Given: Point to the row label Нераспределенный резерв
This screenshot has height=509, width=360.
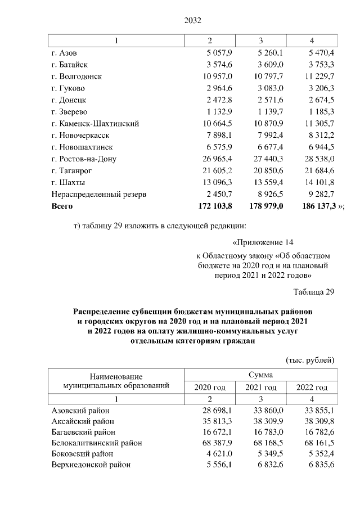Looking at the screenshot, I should tap(98, 194).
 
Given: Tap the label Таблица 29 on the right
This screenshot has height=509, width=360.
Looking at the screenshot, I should tap(314, 291).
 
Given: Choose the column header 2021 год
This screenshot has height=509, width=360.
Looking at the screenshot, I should tap(261, 388).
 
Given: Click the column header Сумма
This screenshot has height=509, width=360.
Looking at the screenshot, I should tap(261, 374).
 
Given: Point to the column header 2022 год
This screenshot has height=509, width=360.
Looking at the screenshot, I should tap(311, 388).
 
